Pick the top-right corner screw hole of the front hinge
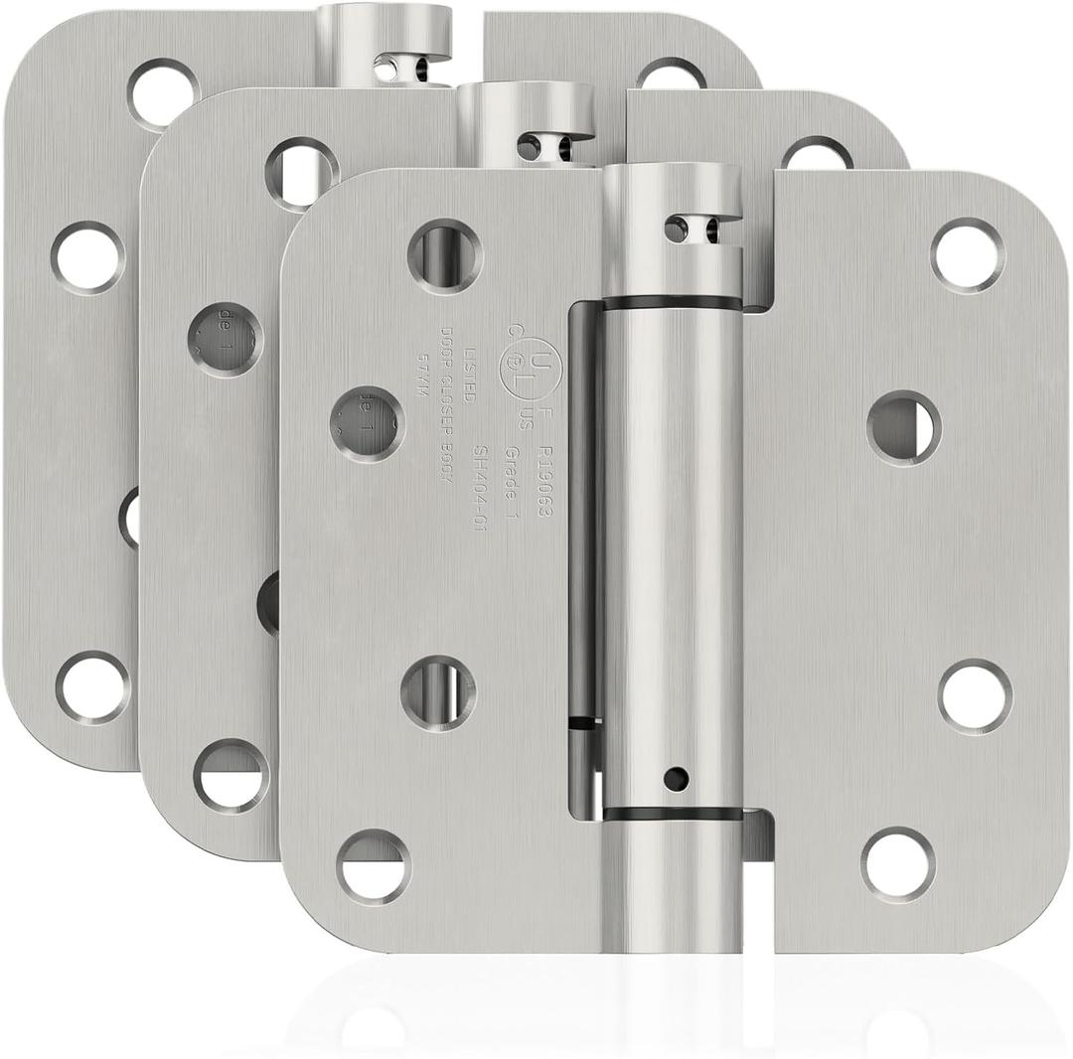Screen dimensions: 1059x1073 (967, 255)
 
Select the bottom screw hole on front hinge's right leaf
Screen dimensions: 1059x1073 (898, 863)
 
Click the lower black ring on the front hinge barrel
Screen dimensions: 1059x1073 (673, 814)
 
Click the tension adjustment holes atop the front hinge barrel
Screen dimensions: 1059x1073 (691, 227)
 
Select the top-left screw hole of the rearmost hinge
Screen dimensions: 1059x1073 (164, 94)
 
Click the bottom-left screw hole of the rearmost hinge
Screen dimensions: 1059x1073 (91, 686)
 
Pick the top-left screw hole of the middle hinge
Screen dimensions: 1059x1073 (301, 172)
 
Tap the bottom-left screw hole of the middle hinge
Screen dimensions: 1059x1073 (230, 774)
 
